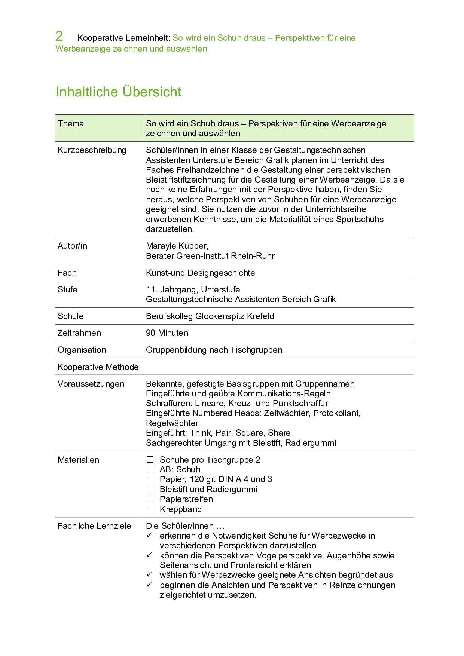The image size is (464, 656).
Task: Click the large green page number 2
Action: [x=59, y=36]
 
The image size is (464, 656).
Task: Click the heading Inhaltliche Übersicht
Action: [x=118, y=92]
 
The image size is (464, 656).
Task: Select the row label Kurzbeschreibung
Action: [x=92, y=150]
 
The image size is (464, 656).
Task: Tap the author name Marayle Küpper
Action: [x=177, y=246]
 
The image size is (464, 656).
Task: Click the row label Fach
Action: [x=67, y=273]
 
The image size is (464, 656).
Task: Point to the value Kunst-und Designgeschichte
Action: [x=200, y=273]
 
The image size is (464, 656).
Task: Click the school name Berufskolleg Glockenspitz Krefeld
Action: [x=210, y=316]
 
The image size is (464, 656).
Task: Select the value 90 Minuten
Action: [x=167, y=333]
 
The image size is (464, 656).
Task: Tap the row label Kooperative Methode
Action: [x=98, y=367]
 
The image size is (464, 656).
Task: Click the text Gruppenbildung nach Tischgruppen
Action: [x=214, y=350]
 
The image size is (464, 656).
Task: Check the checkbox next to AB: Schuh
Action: [x=150, y=469]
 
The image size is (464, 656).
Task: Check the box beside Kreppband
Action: [x=150, y=509]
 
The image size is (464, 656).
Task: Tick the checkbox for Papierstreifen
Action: [x=150, y=499]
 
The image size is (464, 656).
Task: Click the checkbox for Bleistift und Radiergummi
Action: [x=150, y=489]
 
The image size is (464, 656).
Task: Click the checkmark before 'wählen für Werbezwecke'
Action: [x=150, y=574]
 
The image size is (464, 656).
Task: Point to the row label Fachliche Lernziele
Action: [x=94, y=526]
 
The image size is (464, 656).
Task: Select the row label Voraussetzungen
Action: [x=91, y=384]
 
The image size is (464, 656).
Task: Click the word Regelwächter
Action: [x=172, y=423]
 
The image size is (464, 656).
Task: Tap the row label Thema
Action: [x=71, y=124]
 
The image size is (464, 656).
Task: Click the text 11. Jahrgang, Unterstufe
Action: [x=193, y=290]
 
